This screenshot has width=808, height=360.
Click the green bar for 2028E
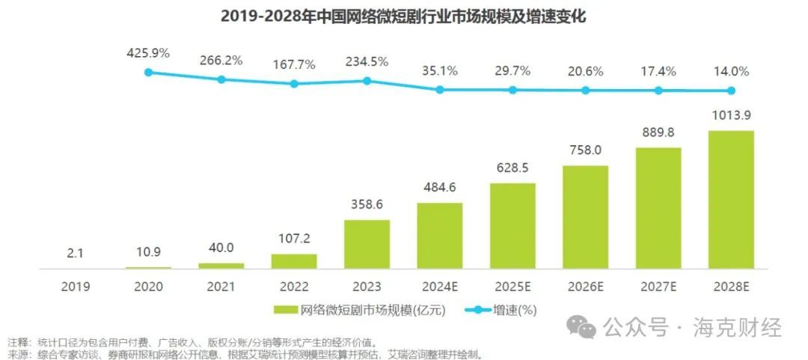pos(731,199)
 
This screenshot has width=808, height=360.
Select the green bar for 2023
pos(367,243)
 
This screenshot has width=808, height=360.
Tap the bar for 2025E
pos(512,225)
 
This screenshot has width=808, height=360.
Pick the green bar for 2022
pos(294,260)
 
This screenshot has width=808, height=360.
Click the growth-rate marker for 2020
pos(148,72)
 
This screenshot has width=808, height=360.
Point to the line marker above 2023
pos(367,80)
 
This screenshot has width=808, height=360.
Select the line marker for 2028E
pos(731,91)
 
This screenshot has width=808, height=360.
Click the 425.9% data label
pos(148,53)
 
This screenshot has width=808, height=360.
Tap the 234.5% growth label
pos(367,61)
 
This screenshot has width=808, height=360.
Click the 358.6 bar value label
pos(367,205)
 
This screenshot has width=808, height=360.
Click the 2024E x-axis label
pos(440,287)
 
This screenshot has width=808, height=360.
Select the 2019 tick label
pos(76,287)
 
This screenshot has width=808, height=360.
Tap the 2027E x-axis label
pos(658,287)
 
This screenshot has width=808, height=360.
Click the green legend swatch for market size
pos(285,309)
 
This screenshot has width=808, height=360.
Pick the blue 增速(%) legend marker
pos(476,309)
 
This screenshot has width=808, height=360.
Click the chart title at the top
pos(403,16)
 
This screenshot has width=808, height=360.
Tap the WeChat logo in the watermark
pos(581,327)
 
